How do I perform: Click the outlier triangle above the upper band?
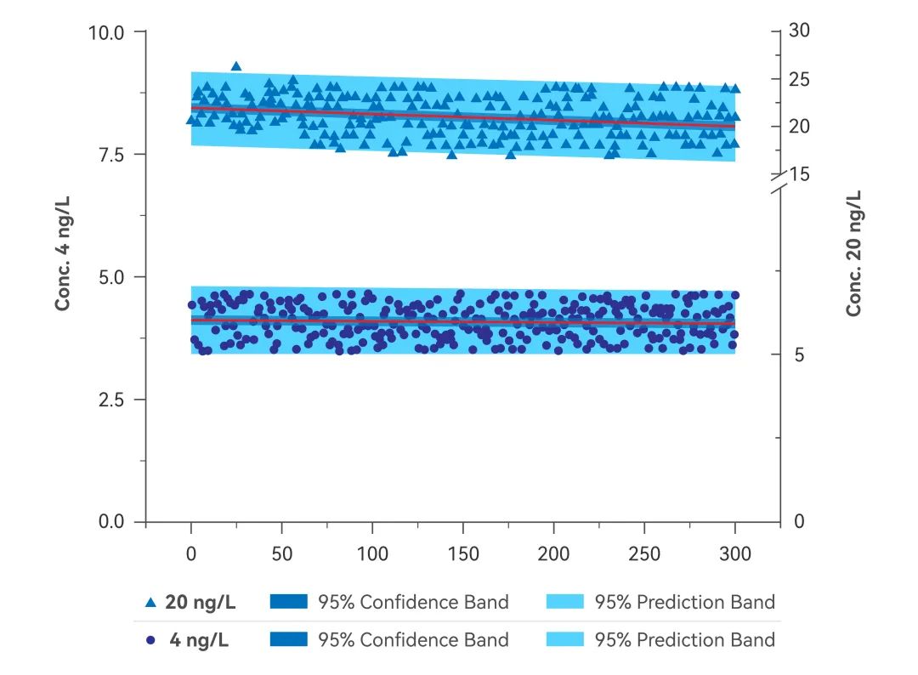coord(236,66)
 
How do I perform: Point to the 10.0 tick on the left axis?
coord(106,32)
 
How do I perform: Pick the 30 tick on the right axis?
coord(800,31)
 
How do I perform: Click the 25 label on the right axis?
coord(800,79)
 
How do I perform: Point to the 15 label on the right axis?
coord(800,174)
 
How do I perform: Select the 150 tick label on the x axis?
coord(463,554)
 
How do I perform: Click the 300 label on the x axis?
coord(735,554)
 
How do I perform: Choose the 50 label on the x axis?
coord(281,554)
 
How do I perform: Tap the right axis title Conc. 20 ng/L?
coord(853,253)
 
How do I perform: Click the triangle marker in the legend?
coord(150,603)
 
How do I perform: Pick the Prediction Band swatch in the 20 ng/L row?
coord(562,603)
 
